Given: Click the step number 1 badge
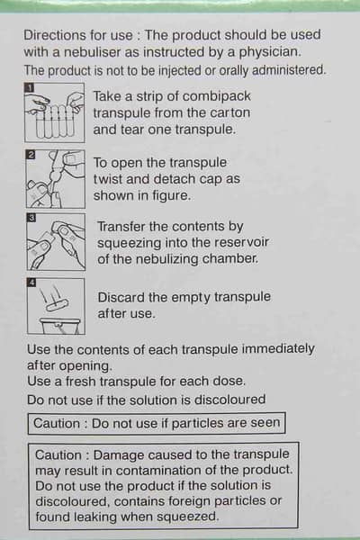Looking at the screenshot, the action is tap(30, 87).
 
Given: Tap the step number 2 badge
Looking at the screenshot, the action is tap(31, 155).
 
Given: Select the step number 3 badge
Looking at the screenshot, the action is tap(31, 218).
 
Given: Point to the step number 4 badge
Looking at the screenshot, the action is tap(31, 283).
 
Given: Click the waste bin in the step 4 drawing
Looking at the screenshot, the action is tap(60, 326).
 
